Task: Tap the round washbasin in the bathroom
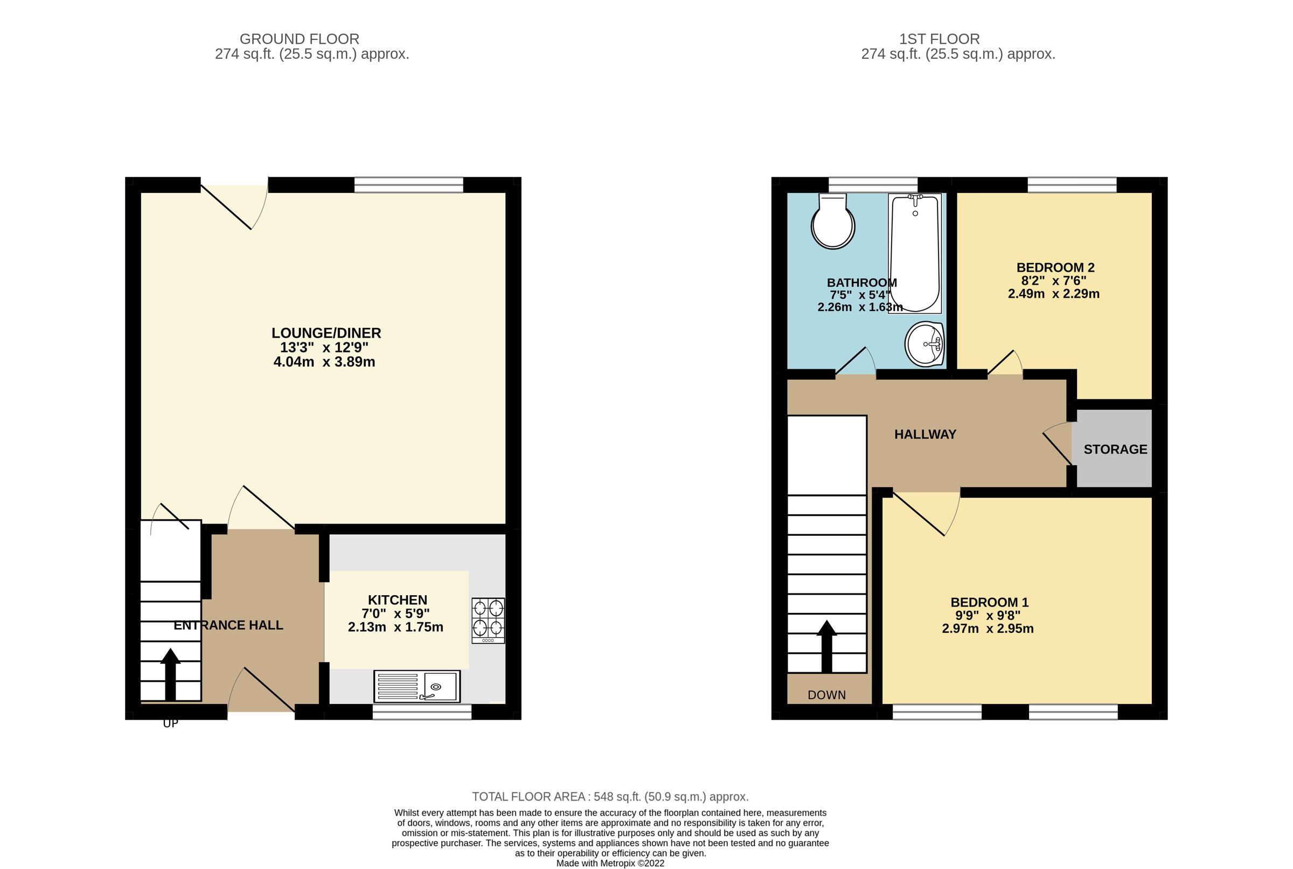pyautogui.click(x=924, y=344)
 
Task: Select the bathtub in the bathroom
pyautogui.click(x=914, y=253)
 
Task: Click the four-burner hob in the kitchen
pyautogui.click(x=488, y=620)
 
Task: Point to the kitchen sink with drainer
pyautogui.click(x=416, y=686)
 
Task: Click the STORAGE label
pyautogui.click(x=1115, y=450)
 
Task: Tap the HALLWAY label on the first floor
pyautogui.click(x=924, y=434)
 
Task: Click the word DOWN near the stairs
pyautogui.click(x=826, y=695)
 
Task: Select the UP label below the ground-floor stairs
pyautogui.click(x=171, y=723)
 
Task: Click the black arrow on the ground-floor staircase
pyautogui.click(x=171, y=673)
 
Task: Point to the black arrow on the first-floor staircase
pyautogui.click(x=826, y=646)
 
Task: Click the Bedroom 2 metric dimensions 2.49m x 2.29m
pyautogui.click(x=1053, y=294)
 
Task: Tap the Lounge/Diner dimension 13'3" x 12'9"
pyautogui.click(x=324, y=348)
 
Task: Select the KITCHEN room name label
pyautogui.click(x=397, y=599)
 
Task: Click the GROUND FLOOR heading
pyautogui.click(x=299, y=39)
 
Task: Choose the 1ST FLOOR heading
pyautogui.click(x=939, y=39)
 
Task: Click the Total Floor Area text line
pyautogui.click(x=610, y=796)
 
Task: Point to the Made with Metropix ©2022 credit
pyautogui.click(x=610, y=863)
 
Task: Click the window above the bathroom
pyautogui.click(x=873, y=184)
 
